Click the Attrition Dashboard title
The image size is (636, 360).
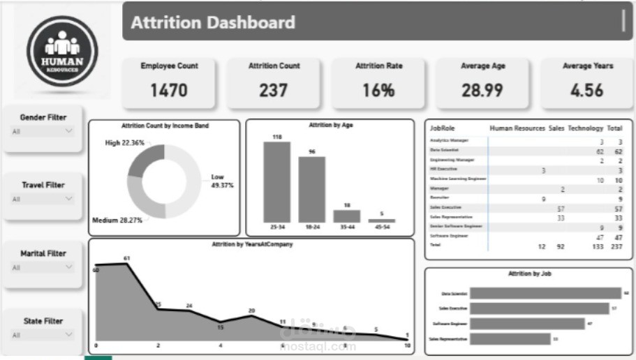pos(213,22)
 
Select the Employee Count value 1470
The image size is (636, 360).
pos(169,90)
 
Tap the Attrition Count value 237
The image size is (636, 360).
pos(274,90)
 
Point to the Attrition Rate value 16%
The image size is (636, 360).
pos(378,90)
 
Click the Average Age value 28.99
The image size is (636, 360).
pos(482,90)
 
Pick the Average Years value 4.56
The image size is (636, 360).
pos(587,90)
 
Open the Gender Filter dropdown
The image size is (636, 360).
pos(43,130)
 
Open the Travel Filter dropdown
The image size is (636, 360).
pos(43,199)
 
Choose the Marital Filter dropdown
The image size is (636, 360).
pos(43,267)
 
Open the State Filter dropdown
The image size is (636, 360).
pos(43,335)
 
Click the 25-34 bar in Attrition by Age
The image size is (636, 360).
pos(277,182)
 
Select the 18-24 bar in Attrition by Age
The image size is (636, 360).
pos(312,189)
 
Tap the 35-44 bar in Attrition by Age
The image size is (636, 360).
pos(347,216)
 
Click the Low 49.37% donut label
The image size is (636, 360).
pos(222,181)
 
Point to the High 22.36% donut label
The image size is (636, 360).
pos(124,142)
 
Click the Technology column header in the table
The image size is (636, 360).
pos(585,128)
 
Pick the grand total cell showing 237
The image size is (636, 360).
pos(615,246)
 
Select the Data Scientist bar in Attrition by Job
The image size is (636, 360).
pos(545,294)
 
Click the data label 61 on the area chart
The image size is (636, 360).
pos(126,258)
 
